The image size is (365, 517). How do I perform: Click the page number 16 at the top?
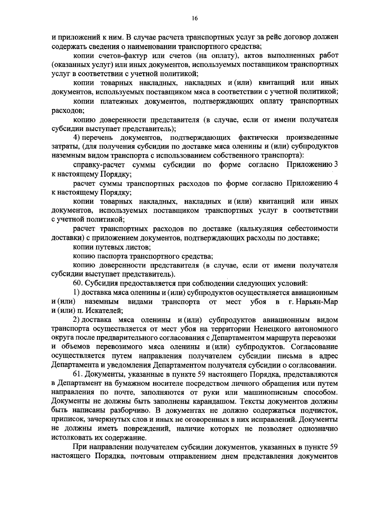pos(195,19)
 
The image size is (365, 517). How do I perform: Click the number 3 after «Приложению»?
pos(336,165)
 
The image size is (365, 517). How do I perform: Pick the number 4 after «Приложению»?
pos(336,183)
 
